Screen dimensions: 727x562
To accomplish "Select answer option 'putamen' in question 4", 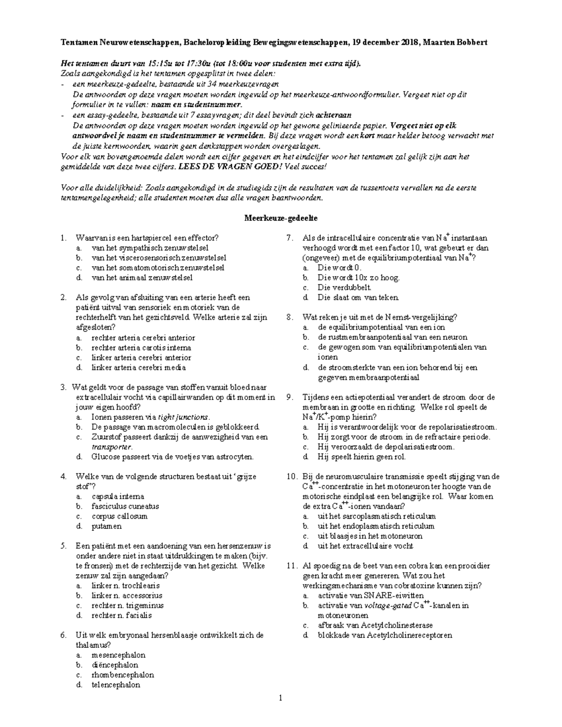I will point(106,526).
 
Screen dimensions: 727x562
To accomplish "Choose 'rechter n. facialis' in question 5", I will point(121,615).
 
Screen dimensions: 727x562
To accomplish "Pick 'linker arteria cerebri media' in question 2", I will point(139,367).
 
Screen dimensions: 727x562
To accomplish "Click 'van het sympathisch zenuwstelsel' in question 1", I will point(150,248).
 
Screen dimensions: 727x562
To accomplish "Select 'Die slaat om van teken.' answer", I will point(358,297).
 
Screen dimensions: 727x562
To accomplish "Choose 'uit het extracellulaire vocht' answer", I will point(365,545).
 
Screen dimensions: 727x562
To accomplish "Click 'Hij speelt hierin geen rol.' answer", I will point(362,456).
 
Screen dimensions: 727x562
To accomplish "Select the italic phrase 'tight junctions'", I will point(183,417).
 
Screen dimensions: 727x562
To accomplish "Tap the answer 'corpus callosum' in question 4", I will point(119,516).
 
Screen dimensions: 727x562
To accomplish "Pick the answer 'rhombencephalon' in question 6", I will point(122,675).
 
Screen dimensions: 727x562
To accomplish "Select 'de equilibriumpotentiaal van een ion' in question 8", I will point(380,327).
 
